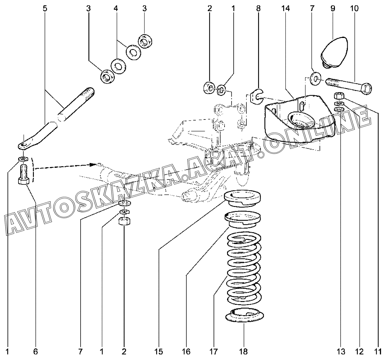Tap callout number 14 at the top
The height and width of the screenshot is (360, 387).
(x=285, y=8)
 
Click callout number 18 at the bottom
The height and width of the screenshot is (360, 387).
(x=244, y=352)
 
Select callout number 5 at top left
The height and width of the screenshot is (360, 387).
(x=45, y=8)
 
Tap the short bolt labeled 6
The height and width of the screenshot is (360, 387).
(x=24, y=175)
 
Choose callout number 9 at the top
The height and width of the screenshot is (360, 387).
(x=333, y=8)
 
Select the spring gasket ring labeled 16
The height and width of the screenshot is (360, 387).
(x=243, y=219)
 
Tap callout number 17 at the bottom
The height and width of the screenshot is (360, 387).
(x=214, y=352)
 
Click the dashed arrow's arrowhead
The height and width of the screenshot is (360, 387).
(x=93, y=165)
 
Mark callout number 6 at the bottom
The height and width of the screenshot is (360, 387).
(x=35, y=352)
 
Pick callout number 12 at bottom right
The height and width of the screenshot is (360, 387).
(x=359, y=352)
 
